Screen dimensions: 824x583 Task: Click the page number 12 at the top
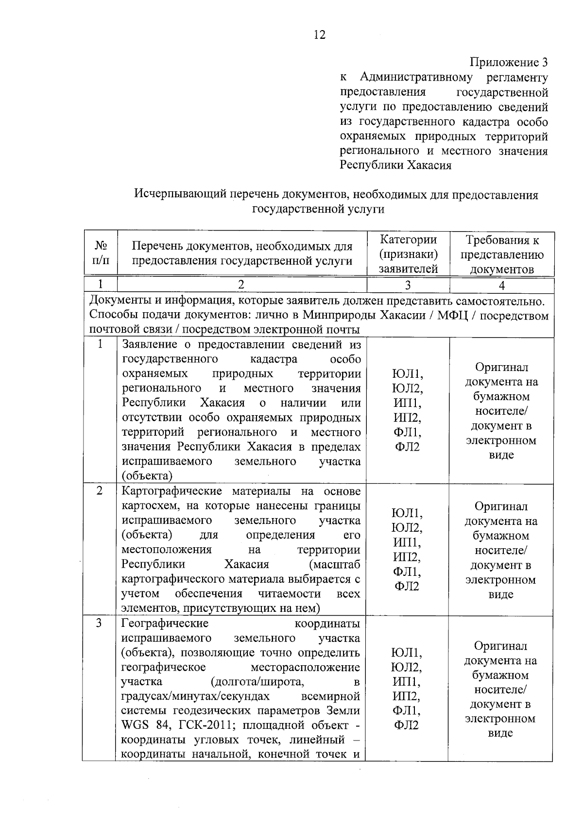[320, 35]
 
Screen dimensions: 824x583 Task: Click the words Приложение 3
[508, 63]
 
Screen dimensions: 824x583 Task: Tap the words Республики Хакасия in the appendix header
[395, 166]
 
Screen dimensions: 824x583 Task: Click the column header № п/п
[101, 253]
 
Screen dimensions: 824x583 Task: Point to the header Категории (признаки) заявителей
[408, 254]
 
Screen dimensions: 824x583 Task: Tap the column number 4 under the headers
[502, 285]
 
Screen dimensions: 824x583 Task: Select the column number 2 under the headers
[241, 285]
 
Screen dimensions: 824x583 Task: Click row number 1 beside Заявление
[101, 344]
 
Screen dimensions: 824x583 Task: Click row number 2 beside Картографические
[100, 491]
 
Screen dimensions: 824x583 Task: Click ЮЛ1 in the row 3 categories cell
[407, 653]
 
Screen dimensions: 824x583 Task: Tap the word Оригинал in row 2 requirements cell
[501, 507]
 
